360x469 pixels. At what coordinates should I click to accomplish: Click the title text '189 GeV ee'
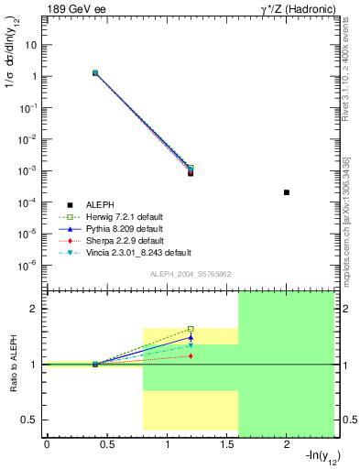[x=71, y=9]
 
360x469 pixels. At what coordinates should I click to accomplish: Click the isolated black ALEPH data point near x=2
[x=287, y=192]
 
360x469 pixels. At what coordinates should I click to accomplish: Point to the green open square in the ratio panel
[x=191, y=328]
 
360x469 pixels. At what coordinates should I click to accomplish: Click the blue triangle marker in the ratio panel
[x=191, y=337]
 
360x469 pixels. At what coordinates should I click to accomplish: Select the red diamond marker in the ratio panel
[x=191, y=355]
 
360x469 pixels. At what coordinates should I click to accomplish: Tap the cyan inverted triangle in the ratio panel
[x=191, y=345]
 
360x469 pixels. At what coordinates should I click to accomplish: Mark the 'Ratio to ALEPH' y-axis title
[x=14, y=365]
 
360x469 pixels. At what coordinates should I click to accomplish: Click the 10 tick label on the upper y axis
[x=32, y=44]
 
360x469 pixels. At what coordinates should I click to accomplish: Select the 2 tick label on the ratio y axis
[x=35, y=309]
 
